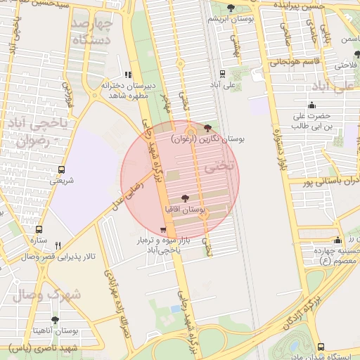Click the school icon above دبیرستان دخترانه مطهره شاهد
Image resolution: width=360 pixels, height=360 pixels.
[127, 75]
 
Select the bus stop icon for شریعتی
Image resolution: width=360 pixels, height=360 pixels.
[62, 169]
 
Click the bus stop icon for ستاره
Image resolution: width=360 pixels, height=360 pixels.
[39, 229]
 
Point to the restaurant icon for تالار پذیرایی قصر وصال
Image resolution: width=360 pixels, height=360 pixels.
[58, 245]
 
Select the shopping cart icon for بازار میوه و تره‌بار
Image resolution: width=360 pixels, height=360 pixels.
[163, 230]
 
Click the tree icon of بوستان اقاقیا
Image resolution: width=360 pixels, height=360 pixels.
[185, 199]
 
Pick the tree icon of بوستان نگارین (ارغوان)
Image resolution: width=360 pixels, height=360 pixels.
[207, 128]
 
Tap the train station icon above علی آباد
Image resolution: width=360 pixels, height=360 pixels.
[223, 74]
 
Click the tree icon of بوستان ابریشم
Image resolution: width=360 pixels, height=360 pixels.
[231, 8]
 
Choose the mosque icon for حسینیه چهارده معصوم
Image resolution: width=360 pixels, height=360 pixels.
[338, 240]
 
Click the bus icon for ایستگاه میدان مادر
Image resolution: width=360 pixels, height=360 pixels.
[321, 347]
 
